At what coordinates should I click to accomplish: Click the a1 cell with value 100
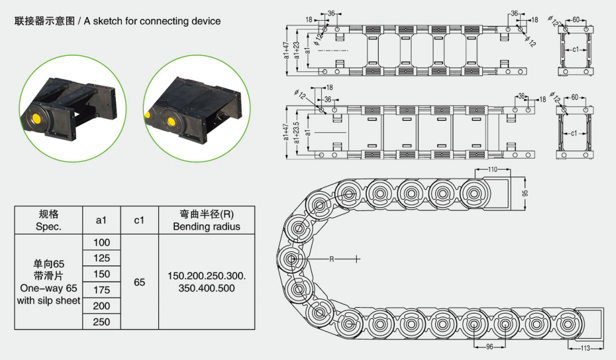[102, 243]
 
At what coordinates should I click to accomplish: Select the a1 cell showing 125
[102, 259]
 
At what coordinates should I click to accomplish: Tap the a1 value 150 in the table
[102, 274]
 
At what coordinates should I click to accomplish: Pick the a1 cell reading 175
[102, 290]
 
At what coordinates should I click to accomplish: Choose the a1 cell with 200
[102, 306]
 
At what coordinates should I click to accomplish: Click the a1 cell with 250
[102, 322]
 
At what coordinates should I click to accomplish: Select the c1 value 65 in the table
[140, 282]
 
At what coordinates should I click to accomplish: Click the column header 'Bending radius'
[206, 227]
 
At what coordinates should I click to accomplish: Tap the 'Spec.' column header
[49, 227]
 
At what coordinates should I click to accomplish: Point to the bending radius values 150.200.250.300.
[206, 277]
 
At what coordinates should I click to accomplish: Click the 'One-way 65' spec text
[48, 288]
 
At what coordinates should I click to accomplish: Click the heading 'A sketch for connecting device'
[152, 21]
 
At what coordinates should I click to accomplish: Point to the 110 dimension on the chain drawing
[492, 170]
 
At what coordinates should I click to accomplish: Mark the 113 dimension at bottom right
[585, 348]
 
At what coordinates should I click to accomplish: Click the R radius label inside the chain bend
[332, 259]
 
